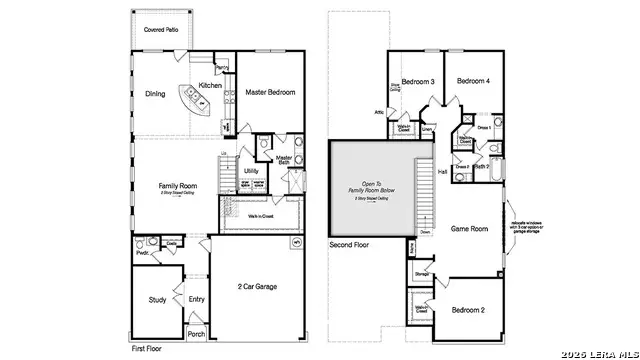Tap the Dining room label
tap(156, 95)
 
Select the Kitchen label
tap(210, 86)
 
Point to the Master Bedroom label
tap(271, 92)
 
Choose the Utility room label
tap(251, 171)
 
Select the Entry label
tap(196, 298)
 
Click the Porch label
tap(197, 334)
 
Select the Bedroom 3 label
tap(417, 81)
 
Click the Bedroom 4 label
tap(473, 81)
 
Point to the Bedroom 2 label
tap(467, 310)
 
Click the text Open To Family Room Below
tap(372, 188)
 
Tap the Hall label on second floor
tap(442, 172)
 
